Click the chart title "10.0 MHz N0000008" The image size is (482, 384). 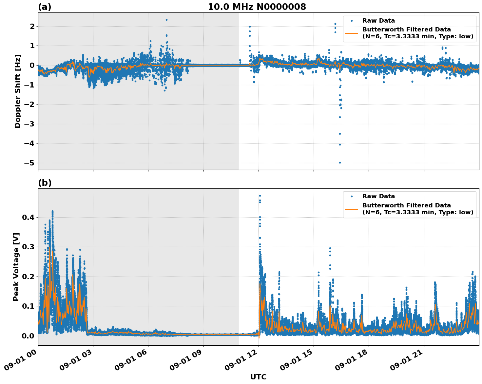coord(257,7)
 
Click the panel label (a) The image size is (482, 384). coord(45,7)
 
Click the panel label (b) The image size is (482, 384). coord(45,183)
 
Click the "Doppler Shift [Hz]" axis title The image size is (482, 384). coord(18,91)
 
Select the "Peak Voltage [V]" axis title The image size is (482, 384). coord(16,267)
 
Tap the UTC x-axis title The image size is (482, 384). coord(258,377)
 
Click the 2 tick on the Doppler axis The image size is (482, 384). coord(32,26)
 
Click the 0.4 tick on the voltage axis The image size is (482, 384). coord(28,218)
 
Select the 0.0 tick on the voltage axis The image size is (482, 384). coord(28,336)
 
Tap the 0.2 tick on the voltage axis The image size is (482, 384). coord(28,277)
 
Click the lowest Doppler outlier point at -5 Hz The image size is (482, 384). coord(340,163)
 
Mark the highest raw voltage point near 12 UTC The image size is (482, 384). coord(260,196)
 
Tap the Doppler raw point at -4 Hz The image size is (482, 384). coord(340,144)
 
